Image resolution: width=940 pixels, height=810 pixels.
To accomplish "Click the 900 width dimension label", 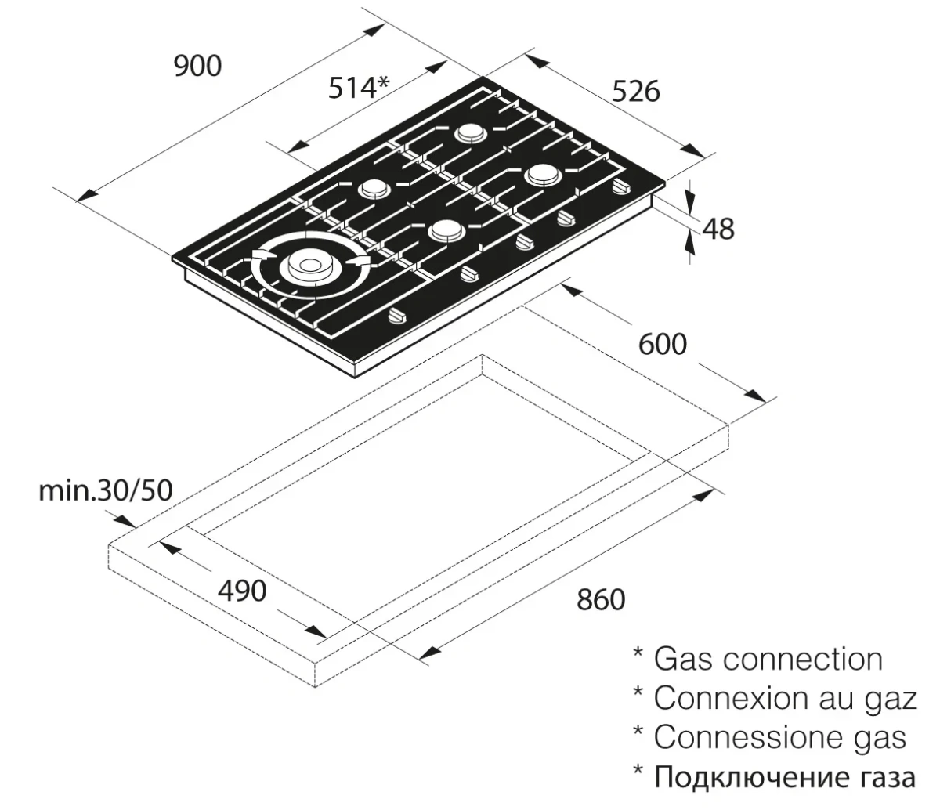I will pos(197,67).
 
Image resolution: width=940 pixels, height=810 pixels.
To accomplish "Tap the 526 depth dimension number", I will pos(636,92).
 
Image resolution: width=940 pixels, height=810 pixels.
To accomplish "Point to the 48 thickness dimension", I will pos(718,229).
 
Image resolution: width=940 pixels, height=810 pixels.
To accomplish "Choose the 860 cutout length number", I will pos(601,600).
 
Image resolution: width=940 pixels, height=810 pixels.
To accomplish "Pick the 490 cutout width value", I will pos(241,591).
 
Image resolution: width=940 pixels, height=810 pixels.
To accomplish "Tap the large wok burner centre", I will pos(306,266).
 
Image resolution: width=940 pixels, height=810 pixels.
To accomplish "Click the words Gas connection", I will pos(768,660).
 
